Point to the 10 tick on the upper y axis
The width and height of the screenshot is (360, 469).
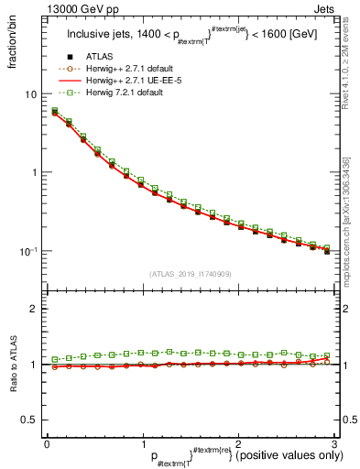tap(30, 94)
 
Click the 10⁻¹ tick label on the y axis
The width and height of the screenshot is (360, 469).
tap(27, 251)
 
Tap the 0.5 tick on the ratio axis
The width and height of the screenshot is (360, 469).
tap(29, 420)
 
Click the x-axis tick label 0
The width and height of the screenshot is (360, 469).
tap(47, 443)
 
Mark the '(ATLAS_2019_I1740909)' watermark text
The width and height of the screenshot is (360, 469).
tap(190, 274)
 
